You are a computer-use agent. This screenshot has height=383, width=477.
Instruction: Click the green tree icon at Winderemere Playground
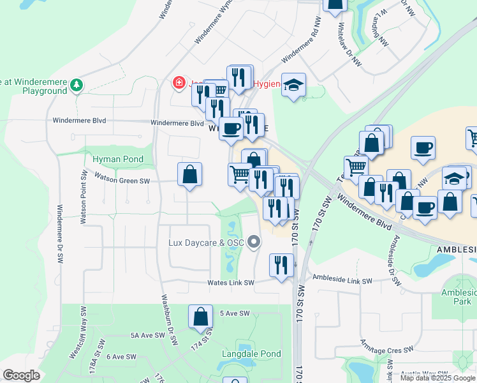[77, 85]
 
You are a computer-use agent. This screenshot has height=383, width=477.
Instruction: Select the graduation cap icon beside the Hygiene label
[293, 86]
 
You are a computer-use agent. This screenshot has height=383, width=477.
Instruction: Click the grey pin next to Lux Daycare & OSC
[254, 242]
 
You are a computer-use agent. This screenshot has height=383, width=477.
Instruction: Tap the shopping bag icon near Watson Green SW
[189, 174]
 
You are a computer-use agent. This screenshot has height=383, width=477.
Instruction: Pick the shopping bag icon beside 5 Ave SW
[201, 316]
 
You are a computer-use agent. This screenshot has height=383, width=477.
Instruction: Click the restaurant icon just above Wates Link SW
[281, 264]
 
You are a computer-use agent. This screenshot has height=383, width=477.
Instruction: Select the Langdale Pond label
[251, 354]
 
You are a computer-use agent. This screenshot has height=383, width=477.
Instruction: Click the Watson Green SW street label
[122, 181]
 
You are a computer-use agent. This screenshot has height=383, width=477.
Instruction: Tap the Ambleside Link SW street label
[342, 280]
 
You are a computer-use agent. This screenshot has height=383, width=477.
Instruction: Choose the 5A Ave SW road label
[148, 335]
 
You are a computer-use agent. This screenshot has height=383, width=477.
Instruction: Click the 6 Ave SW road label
[121, 356]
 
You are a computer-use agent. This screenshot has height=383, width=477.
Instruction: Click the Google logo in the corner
[22, 375]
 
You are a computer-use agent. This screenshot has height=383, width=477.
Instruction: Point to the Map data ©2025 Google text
[437, 378]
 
